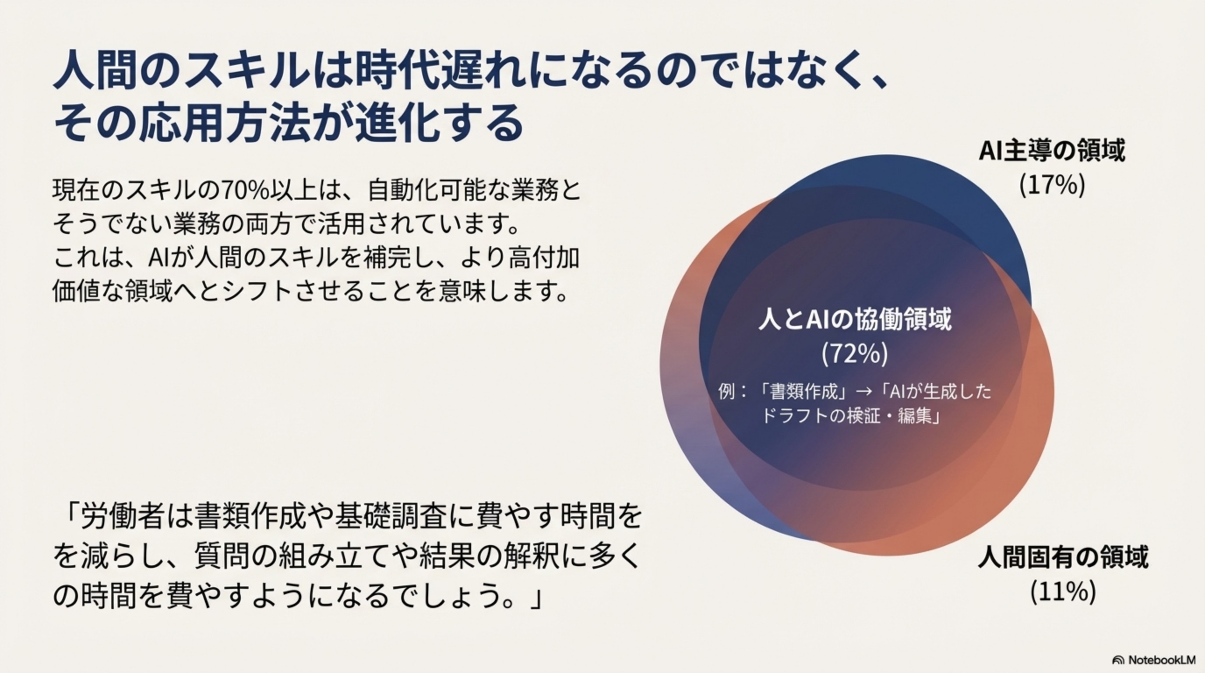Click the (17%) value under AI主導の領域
pos(1052,185)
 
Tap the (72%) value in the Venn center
pos(855,354)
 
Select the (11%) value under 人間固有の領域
pos(1063,592)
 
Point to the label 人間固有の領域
pos(1063,558)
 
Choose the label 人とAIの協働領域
pos(855,320)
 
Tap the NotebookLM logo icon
pos(1118,659)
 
